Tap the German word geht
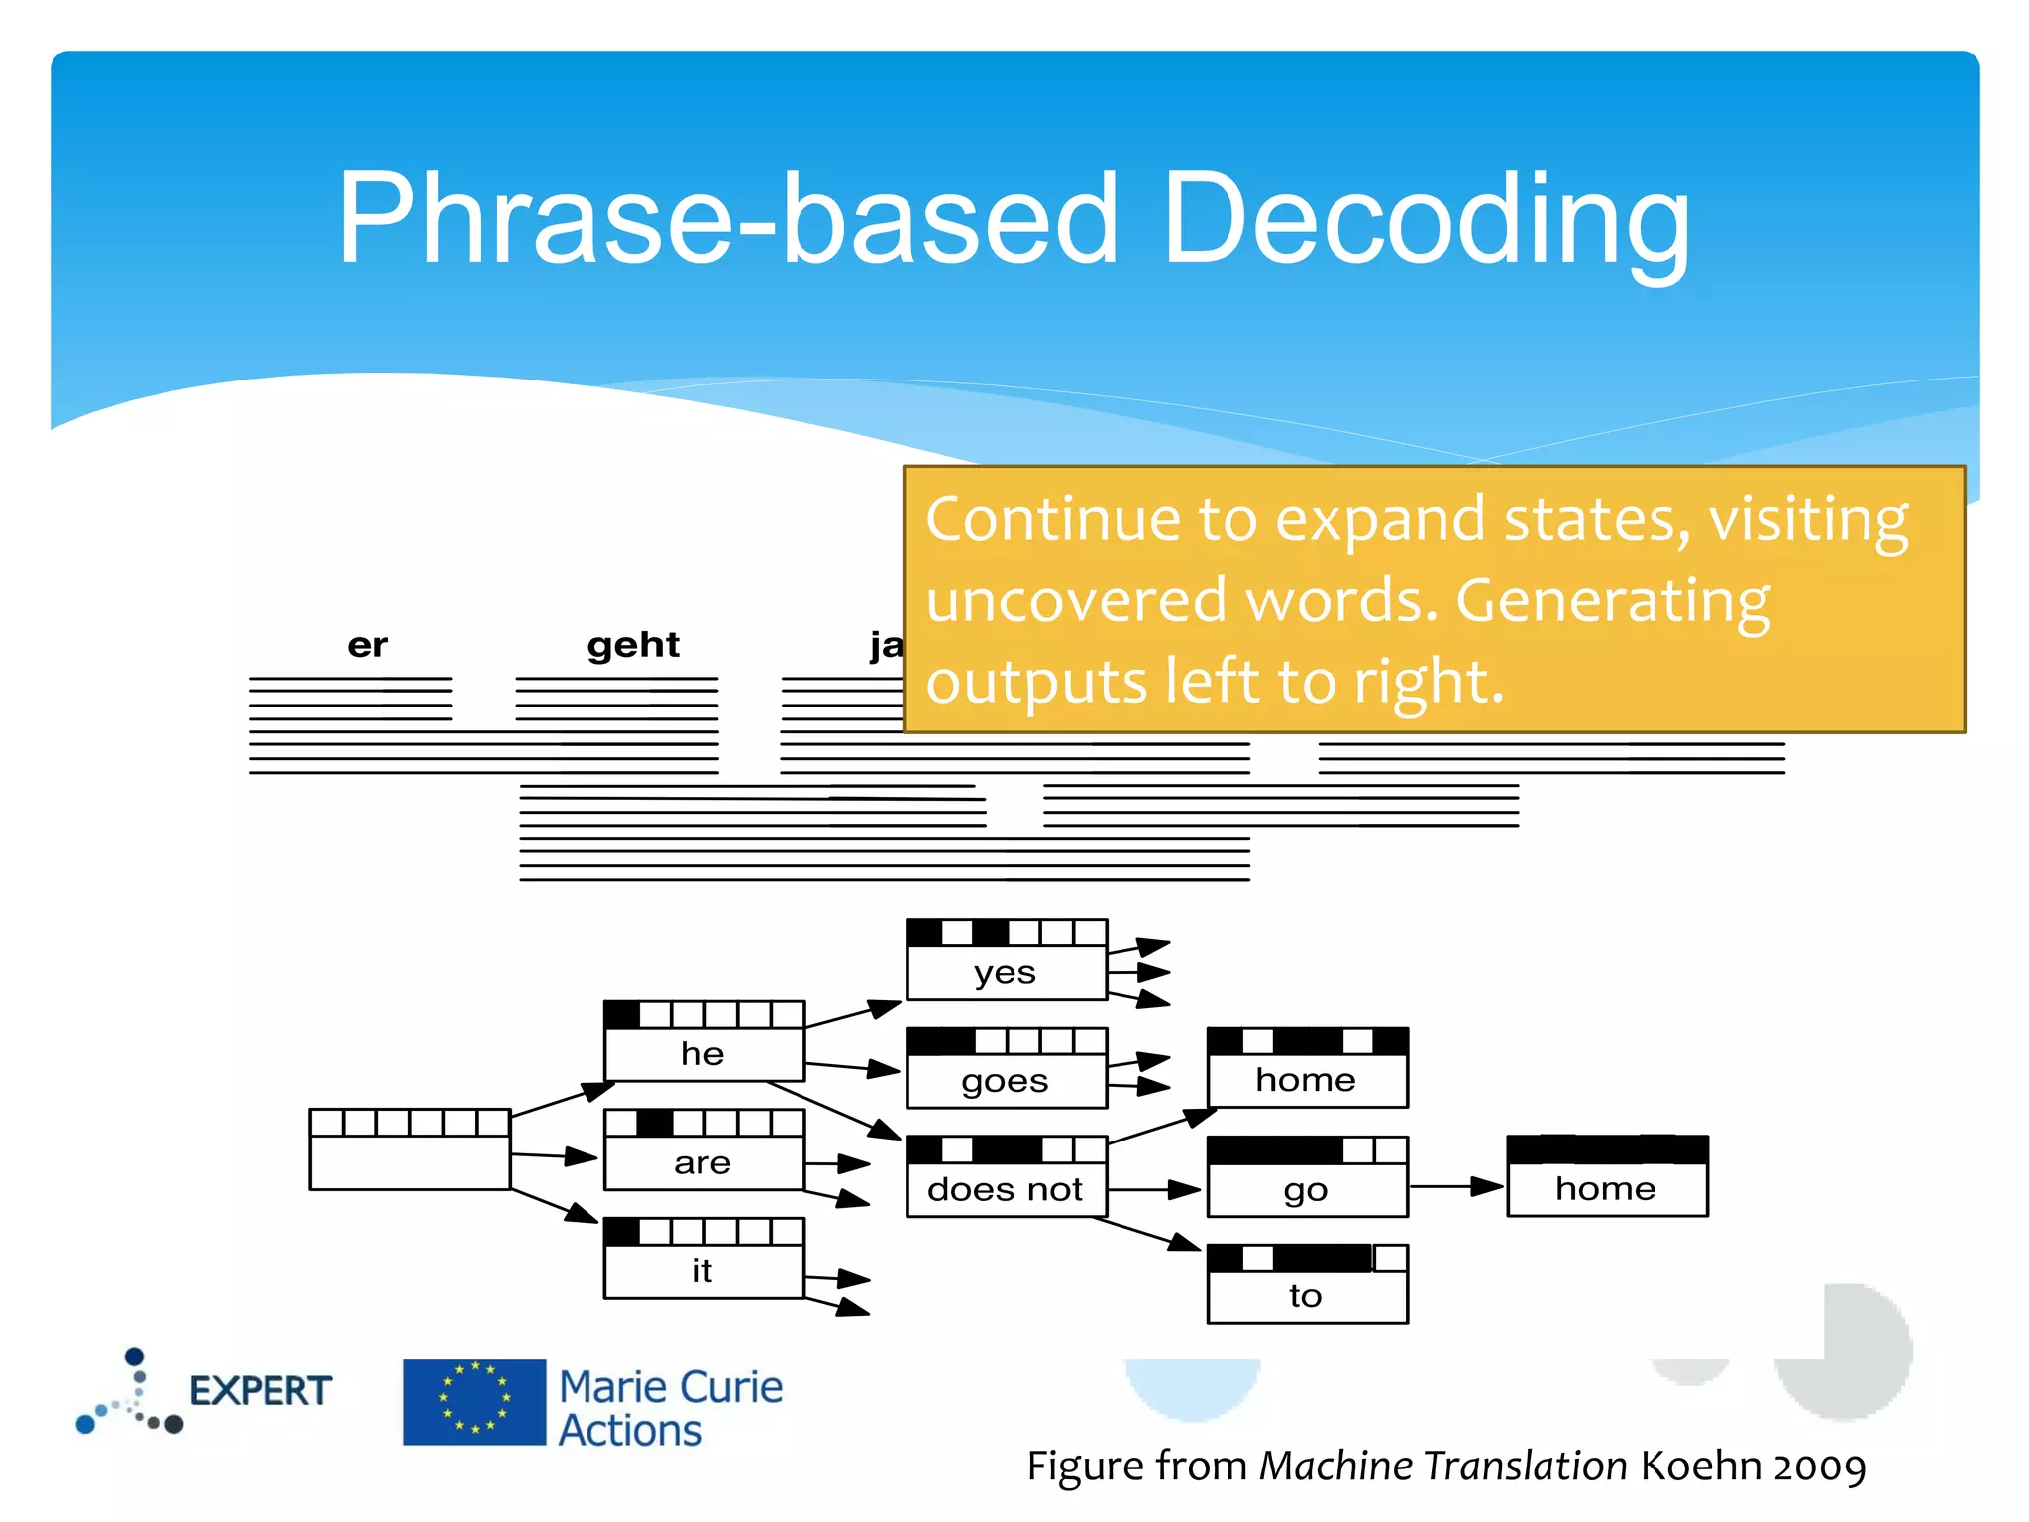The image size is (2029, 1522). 633,646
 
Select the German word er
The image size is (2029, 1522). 368,646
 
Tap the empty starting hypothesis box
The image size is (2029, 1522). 409,1149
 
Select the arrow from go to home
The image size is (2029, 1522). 1456,1186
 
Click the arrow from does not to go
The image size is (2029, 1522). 1154,1189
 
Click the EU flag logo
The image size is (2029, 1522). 475,1402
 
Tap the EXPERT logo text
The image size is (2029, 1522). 260,1391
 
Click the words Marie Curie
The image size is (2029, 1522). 671,1386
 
